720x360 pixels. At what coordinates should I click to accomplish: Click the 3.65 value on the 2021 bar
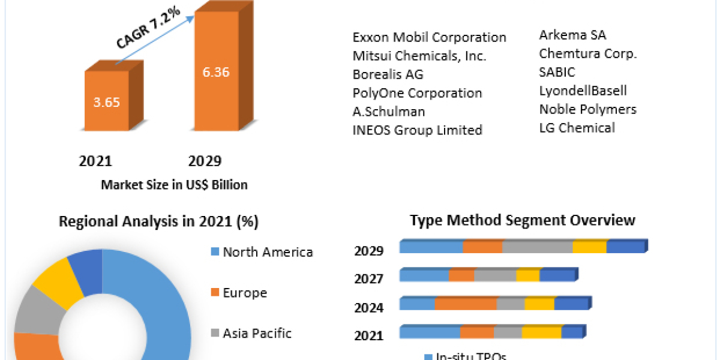point(106,101)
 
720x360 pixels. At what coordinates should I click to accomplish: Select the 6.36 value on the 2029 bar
point(215,72)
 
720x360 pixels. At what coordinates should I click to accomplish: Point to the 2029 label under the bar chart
point(205,161)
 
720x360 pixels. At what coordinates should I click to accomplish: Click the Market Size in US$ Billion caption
point(174,185)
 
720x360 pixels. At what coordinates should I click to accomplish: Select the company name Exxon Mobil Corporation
point(429,37)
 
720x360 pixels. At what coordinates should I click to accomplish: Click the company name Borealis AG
point(388,74)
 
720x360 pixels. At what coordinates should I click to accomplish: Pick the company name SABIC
point(557,72)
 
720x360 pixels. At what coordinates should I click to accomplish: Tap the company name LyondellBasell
point(583,91)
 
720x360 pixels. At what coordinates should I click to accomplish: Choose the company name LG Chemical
point(577,127)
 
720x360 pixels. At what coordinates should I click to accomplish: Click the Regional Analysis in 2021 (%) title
point(158,221)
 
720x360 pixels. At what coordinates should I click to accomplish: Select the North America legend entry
point(267,252)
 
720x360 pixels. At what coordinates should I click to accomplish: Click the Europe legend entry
point(244,293)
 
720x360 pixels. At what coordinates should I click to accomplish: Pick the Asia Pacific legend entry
point(257,333)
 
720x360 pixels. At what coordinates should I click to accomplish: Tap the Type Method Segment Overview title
point(522,220)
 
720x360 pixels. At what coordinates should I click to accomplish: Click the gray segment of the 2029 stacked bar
point(537,247)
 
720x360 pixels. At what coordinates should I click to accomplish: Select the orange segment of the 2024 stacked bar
point(466,304)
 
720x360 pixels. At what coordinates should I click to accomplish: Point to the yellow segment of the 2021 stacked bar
point(541,332)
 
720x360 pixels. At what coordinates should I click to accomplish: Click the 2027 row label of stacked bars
point(368,278)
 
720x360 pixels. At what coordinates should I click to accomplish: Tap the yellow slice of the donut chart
point(58,280)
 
